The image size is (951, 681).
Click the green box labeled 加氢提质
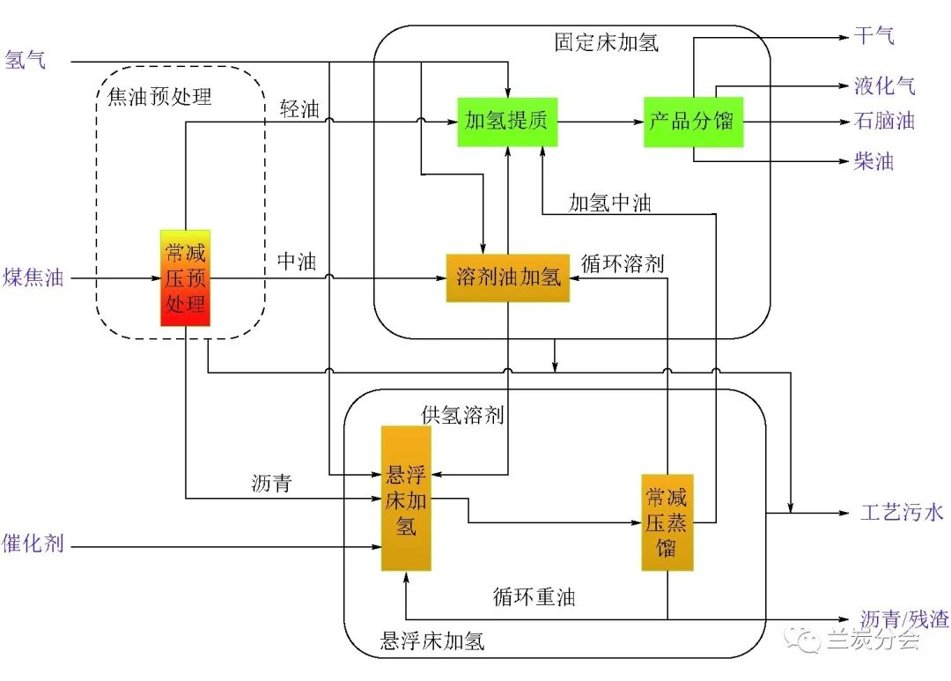click(x=507, y=122)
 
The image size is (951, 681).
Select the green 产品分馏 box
click(x=693, y=122)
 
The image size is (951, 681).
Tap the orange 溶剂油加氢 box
click(x=507, y=278)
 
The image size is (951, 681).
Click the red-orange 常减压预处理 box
click(x=185, y=278)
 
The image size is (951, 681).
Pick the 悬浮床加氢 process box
click(x=406, y=499)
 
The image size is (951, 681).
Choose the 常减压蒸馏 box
click(x=667, y=522)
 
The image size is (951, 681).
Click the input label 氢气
click(x=26, y=61)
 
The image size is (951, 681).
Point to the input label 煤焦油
click(x=33, y=278)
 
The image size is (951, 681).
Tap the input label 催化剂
click(x=33, y=544)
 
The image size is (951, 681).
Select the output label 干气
click(x=874, y=37)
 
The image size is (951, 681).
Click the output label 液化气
click(x=884, y=85)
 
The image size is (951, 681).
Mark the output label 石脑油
click(x=884, y=122)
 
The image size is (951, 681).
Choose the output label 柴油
click(x=874, y=162)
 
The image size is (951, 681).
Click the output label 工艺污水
click(x=902, y=512)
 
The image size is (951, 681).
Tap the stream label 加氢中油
click(x=609, y=203)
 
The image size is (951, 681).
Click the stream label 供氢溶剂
click(x=462, y=415)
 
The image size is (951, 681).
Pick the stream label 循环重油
click(x=534, y=597)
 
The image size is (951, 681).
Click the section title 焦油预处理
click(x=159, y=96)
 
